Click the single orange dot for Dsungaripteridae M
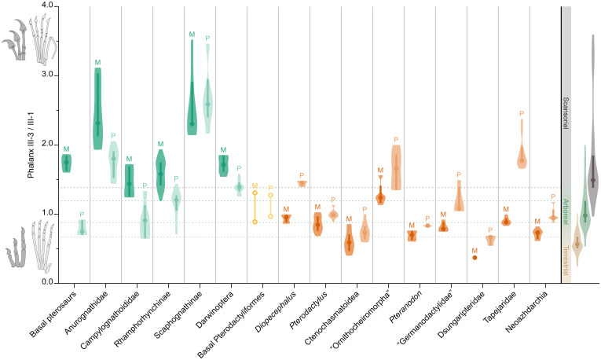point(475,257)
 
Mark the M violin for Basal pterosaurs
point(67,163)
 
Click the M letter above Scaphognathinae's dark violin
point(192,35)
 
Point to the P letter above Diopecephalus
point(302,175)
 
